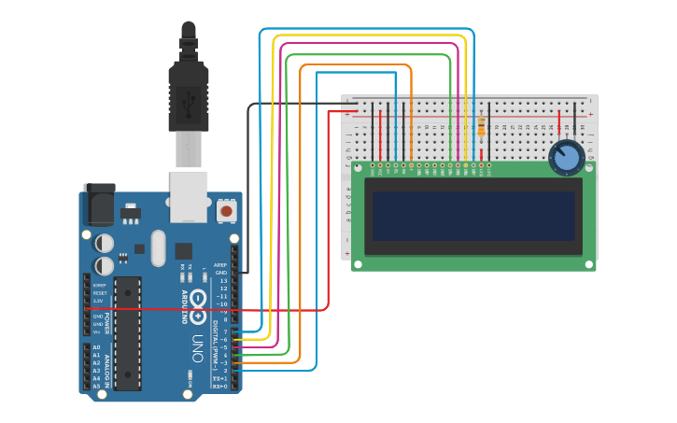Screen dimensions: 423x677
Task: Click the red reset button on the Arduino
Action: (226, 211)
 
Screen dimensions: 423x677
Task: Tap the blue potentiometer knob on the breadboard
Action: (566, 158)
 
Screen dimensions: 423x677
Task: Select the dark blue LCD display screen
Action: (473, 217)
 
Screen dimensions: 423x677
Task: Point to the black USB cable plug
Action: (188, 93)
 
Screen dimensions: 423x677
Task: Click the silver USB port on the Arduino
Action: (188, 196)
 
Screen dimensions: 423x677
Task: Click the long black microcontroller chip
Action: (128, 332)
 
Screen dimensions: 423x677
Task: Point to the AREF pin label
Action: (220, 264)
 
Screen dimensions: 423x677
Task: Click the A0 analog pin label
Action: (96, 347)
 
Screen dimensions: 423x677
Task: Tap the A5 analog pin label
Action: (96, 386)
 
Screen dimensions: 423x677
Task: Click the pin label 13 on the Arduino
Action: (222, 280)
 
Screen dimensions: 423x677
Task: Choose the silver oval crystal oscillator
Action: (158, 247)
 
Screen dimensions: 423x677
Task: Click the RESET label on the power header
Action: (99, 292)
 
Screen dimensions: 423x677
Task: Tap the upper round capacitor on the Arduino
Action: (105, 243)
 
